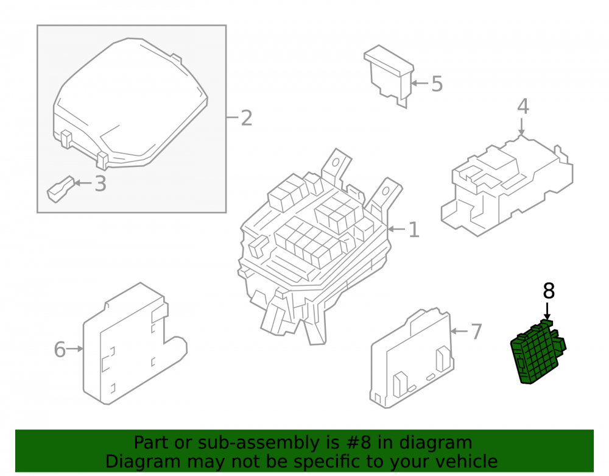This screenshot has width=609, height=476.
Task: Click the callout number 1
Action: (414, 230)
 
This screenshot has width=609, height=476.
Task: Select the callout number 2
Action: (247, 118)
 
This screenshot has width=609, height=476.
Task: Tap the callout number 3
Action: (100, 183)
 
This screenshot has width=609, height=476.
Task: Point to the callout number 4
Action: (523, 106)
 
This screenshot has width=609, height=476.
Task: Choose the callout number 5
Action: (437, 84)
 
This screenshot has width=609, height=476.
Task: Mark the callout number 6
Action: (60, 349)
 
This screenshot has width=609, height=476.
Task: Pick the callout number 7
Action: (477, 332)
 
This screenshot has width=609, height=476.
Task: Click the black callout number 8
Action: (549, 291)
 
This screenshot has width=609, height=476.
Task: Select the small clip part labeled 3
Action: (60, 190)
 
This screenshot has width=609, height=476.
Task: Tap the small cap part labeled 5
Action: (389, 76)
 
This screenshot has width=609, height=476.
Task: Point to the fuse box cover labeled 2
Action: (130, 104)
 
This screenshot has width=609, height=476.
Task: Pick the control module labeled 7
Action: (412, 360)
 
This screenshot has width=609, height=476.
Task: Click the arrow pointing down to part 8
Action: (547, 311)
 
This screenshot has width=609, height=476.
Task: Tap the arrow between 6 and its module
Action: (74, 349)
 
